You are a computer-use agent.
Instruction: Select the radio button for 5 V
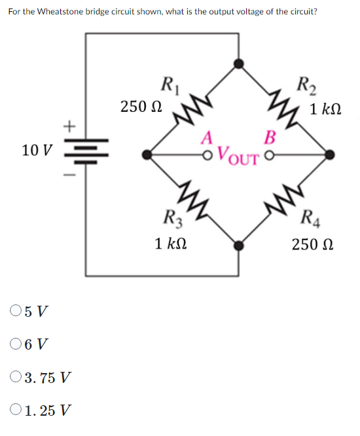click(16, 310)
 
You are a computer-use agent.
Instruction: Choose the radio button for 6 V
click(16, 344)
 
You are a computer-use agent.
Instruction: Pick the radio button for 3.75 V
click(16, 378)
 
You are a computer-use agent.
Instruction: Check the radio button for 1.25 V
click(16, 411)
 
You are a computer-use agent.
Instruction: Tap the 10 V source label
click(36, 151)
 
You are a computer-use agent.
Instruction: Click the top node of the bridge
click(240, 64)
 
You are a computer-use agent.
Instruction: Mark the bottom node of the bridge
click(240, 246)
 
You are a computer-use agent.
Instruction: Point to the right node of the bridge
click(330, 155)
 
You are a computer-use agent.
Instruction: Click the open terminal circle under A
click(208, 155)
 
